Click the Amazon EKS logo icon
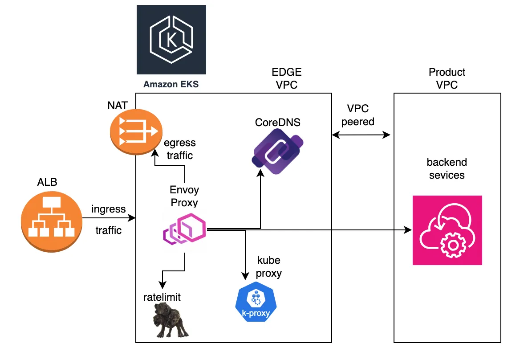tap(171, 39)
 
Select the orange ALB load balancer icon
tap(51, 218)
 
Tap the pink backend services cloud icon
tap(447, 230)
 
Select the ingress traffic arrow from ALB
tap(108, 218)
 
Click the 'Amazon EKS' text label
tap(171, 84)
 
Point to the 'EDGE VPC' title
tap(287, 78)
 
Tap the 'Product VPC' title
tap(447, 78)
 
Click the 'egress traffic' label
tap(179, 149)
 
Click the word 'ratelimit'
tap(162, 297)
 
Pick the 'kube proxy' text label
tap(269, 266)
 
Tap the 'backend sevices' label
tap(447, 168)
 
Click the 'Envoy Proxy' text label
tap(184, 196)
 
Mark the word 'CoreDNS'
tap(278, 122)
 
